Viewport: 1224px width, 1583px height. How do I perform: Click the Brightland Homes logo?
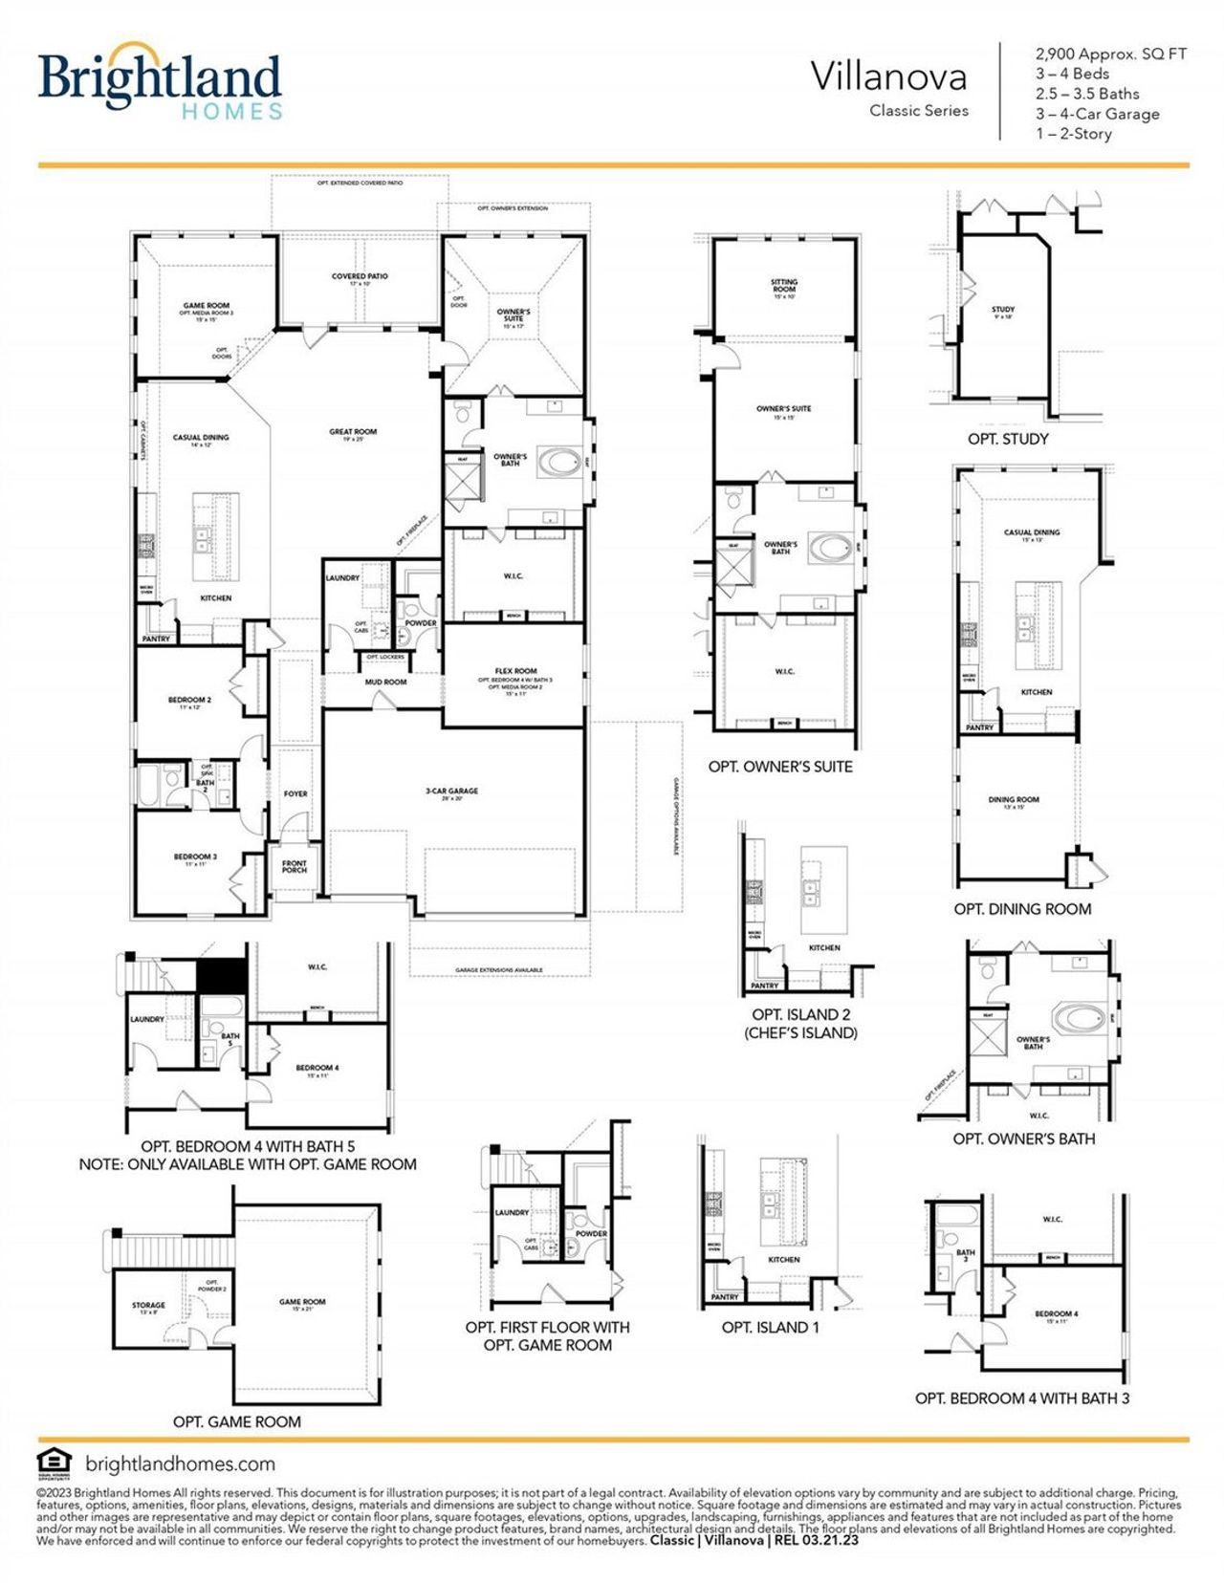(x=160, y=81)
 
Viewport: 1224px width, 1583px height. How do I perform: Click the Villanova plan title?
(x=888, y=76)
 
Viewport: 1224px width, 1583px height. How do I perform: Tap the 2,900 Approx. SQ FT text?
(x=1110, y=54)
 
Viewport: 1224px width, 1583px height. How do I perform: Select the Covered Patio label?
(x=360, y=276)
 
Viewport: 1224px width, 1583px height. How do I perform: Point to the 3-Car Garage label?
(x=451, y=791)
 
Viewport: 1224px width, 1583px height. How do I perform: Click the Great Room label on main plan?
(x=353, y=432)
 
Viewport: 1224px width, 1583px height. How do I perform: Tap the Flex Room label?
(x=515, y=671)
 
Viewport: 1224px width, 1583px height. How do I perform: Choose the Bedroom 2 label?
(x=189, y=700)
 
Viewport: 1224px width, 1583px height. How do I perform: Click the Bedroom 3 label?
(x=195, y=857)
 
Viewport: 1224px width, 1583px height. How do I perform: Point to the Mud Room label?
(x=385, y=682)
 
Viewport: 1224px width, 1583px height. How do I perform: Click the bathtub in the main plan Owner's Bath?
(x=559, y=463)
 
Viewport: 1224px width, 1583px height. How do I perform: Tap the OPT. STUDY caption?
(x=1008, y=439)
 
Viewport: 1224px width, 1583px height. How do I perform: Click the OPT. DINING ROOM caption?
(x=1022, y=909)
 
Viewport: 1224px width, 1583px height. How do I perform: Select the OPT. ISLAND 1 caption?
(x=770, y=1327)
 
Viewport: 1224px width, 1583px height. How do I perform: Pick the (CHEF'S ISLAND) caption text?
(x=800, y=1032)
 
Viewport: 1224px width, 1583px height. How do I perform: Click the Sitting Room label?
(x=784, y=284)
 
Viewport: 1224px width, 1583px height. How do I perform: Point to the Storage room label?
(x=148, y=1305)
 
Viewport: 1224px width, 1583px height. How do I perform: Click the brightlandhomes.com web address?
(x=180, y=1464)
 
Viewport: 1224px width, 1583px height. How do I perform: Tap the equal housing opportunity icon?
(x=54, y=1463)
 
